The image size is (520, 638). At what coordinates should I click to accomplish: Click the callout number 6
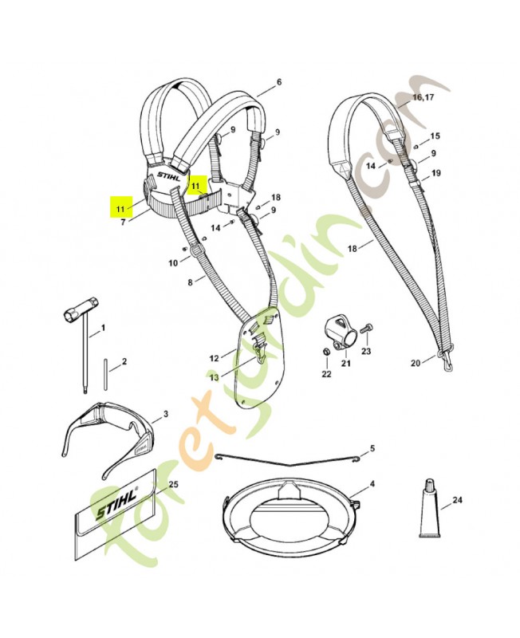coord(278,82)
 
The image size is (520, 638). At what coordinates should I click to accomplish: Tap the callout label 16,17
coord(423,97)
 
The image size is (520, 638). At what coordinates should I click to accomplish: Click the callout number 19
coord(435,173)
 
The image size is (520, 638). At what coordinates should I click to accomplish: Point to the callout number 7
coord(124,223)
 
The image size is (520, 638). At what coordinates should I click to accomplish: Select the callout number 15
coord(434,136)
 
